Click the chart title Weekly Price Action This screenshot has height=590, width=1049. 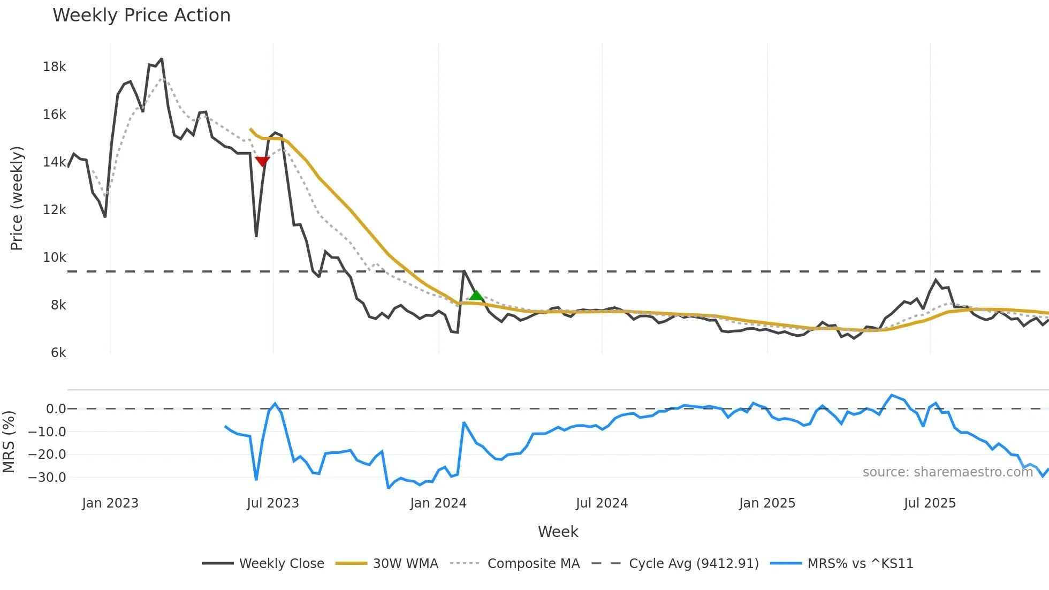tap(141, 16)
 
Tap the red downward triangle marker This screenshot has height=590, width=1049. tap(262, 161)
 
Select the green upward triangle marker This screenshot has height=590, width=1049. tap(476, 295)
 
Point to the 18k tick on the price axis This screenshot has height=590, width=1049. tap(55, 67)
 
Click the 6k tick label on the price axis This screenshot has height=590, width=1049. tap(58, 353)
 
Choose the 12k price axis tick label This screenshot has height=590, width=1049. tap(55, 210)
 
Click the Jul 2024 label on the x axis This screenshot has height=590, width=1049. tap(602, 503)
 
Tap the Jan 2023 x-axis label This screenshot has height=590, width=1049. tap(110, 503)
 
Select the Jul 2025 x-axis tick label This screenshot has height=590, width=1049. tap(930, 503)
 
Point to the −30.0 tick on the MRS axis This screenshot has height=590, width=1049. tap(48, 478)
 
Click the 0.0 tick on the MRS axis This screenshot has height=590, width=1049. tap(56, 409)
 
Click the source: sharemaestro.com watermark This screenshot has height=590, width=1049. tap(947, 472)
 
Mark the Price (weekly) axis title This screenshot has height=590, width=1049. tap(17, 198)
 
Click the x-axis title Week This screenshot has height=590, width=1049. tap(558, 532)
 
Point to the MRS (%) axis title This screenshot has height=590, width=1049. tap(9, 442)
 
